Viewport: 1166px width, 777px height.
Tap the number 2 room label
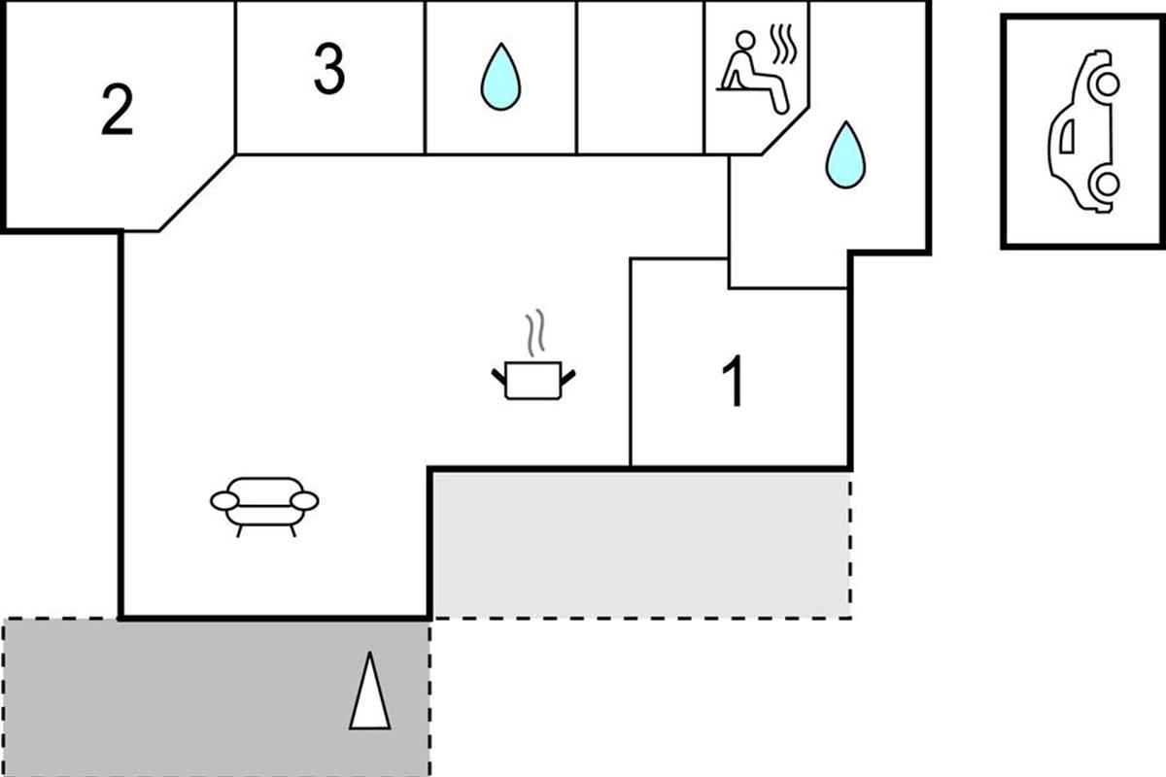coord(117,113)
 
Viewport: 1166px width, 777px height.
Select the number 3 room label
coord(329,71)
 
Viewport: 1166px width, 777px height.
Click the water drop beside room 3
coord(500,77)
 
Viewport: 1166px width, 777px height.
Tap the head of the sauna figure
coord(745,41)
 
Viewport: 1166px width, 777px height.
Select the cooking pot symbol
coord(533,379)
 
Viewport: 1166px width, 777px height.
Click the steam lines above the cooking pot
coord(533,334)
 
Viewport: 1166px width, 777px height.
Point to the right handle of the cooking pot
coord(568,374)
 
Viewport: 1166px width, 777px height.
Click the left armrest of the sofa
coord(223,501)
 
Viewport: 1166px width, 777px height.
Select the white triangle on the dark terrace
coord(369,693)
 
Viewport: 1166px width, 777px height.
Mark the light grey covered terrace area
coord(641,544)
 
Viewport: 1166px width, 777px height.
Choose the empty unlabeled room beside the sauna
coord(640,78)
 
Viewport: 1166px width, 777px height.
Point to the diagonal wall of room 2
coord(196,193)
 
